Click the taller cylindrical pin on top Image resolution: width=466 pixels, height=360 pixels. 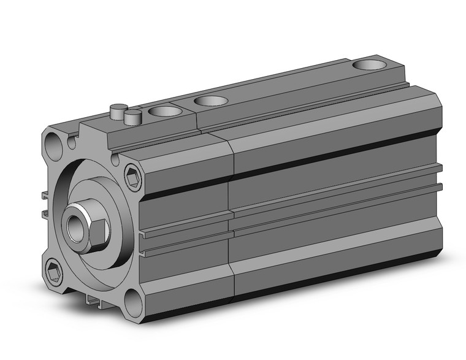click(x=115, y=113)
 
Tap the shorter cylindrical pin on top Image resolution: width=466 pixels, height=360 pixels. click(x=132, y=116)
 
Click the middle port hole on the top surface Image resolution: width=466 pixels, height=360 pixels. click(x=210, y=99)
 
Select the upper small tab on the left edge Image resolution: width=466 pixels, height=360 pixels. click(x=45, y=196)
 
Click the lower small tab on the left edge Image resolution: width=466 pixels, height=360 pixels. click(x=47, y=213)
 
